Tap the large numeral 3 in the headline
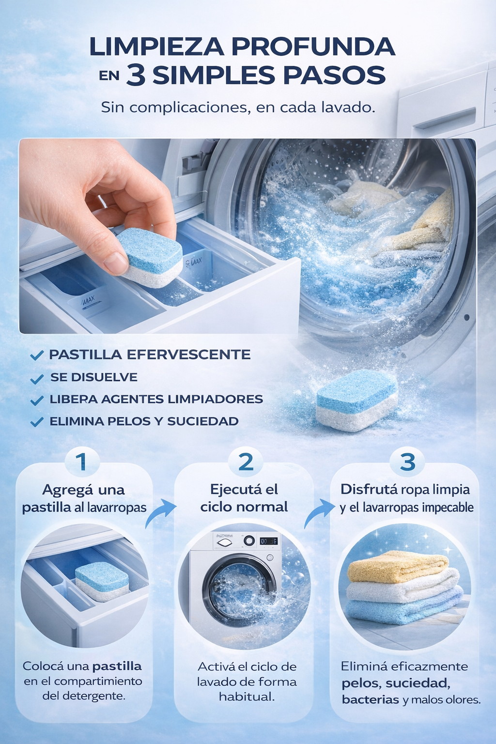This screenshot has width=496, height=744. tap(136, 76)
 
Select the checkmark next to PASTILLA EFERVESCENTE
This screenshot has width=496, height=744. tap(36, 356)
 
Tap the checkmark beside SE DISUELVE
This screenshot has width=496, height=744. tap(36, 378)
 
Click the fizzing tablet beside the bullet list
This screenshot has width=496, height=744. tap(357, 400)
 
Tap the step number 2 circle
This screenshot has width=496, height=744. tap(246, 462)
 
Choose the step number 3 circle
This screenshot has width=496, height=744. tap(408, 462)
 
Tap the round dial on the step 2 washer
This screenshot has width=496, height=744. tap(248, 541)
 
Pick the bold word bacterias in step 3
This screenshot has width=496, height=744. tap(370, 699)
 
